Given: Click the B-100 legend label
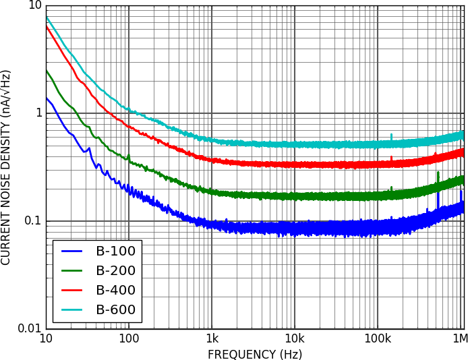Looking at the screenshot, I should (115, 251).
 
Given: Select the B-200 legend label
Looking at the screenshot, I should (115, 271).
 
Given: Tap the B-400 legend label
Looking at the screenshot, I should (115, 291).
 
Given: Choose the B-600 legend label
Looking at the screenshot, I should (115, 310).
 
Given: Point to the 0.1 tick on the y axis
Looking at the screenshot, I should (32, 221).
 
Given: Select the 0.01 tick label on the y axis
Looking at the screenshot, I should (29, 328).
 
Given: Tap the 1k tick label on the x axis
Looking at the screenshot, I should (212, 338).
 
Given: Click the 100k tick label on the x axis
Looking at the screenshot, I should (377, 338).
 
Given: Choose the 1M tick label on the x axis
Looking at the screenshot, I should (459, 338).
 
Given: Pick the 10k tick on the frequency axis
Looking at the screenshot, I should (295, 338).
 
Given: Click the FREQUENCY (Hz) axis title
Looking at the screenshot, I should (254, 354).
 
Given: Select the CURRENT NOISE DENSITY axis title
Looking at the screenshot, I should (6, 167).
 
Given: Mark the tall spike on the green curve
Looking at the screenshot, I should (438, 174).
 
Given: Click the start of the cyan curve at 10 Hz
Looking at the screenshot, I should (47, 18).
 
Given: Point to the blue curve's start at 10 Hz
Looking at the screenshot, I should (47, 98).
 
